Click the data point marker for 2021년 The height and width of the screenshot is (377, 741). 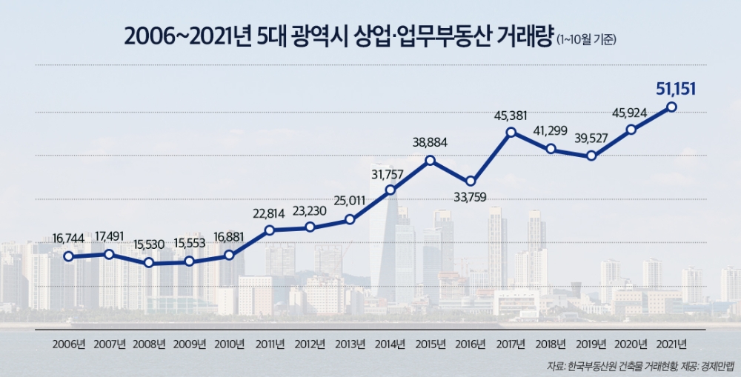[x=671, y=107]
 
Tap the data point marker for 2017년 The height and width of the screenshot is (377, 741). [x=511, y=133]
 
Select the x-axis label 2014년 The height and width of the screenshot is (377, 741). [x=391, y=344]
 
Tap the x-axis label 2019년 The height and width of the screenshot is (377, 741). [x=591, y=344]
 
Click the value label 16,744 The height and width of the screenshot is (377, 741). [x=69, y=239]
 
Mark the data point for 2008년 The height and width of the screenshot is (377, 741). [x=149, y=263]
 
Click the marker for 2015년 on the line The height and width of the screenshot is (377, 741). [x=431, y=160]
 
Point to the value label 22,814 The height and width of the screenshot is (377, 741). [x=270, y=213]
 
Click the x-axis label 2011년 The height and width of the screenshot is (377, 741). [x=270, y=344]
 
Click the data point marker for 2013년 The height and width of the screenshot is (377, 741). [x=350, y=219]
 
